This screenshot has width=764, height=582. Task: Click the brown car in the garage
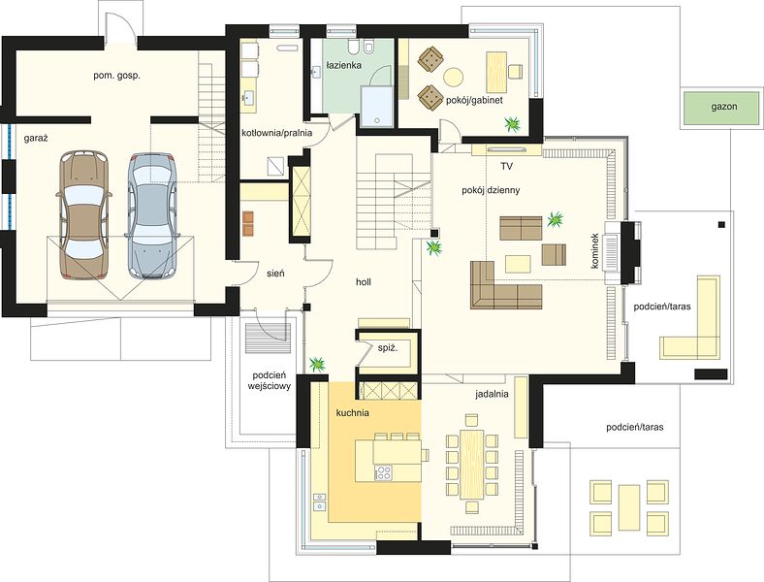tap(83, 215)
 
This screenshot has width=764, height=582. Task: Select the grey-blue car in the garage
tap(151, 216)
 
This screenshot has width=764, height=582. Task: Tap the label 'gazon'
tap(723, 107)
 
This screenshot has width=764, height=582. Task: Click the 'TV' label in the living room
tap(507, 166)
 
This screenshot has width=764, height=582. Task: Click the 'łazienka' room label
tap(344, 65)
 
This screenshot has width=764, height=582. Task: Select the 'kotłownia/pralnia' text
tap(276, 133)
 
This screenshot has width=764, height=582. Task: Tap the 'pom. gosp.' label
tap(117, 76)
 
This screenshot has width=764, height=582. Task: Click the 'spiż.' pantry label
tap(388, 347)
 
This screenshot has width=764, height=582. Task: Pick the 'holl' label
tap(364, 281)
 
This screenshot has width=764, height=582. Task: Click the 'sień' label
tap(275, 274)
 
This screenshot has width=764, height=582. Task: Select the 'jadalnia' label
tap(493, 394)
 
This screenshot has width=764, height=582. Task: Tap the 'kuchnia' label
tap(352, 413)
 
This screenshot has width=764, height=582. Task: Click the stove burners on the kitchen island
tap(383, 472)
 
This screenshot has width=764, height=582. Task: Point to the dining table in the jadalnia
tap(471, 464)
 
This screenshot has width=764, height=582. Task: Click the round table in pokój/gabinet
tap(453, 77)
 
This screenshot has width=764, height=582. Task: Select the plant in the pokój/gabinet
tap(513, 124)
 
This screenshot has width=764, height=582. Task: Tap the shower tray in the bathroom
tap(376, 108)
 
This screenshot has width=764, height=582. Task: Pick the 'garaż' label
tap(36, 139)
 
